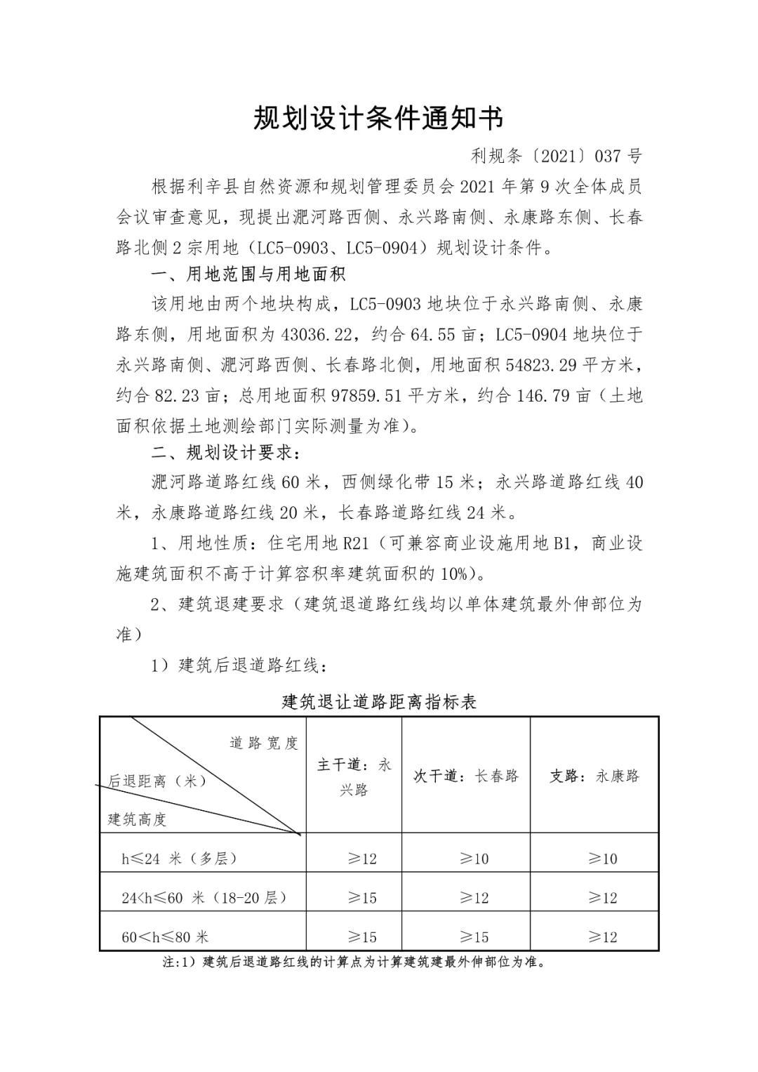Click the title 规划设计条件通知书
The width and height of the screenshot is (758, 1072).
[x=378, y=119]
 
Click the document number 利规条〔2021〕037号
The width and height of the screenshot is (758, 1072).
[x=556, y=156]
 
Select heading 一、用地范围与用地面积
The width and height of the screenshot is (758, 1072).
[x=248, y=273]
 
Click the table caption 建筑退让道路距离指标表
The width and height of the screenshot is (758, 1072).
[x=379, y=701]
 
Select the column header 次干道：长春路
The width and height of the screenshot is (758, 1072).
[x=466, y=776]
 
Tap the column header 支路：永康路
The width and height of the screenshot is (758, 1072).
[x=594, y=776]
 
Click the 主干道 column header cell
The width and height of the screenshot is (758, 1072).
[x=354, y=776]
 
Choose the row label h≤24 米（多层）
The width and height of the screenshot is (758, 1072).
[x=179, y=858]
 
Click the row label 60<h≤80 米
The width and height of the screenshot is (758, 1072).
[x=165, y=937]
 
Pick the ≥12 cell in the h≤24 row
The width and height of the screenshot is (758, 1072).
[x=362, y=859]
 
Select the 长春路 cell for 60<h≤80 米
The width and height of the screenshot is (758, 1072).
[x=474, y=937]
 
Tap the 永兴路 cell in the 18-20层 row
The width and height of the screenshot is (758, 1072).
[x=362, y=898]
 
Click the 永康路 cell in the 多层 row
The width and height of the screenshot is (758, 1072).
[x=602, y=859]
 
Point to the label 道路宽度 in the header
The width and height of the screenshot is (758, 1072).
[x=264, y=743]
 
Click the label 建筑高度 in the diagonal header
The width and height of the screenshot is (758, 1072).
[x=137, y=819]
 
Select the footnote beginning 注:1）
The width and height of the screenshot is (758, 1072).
[x=354, y=962]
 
